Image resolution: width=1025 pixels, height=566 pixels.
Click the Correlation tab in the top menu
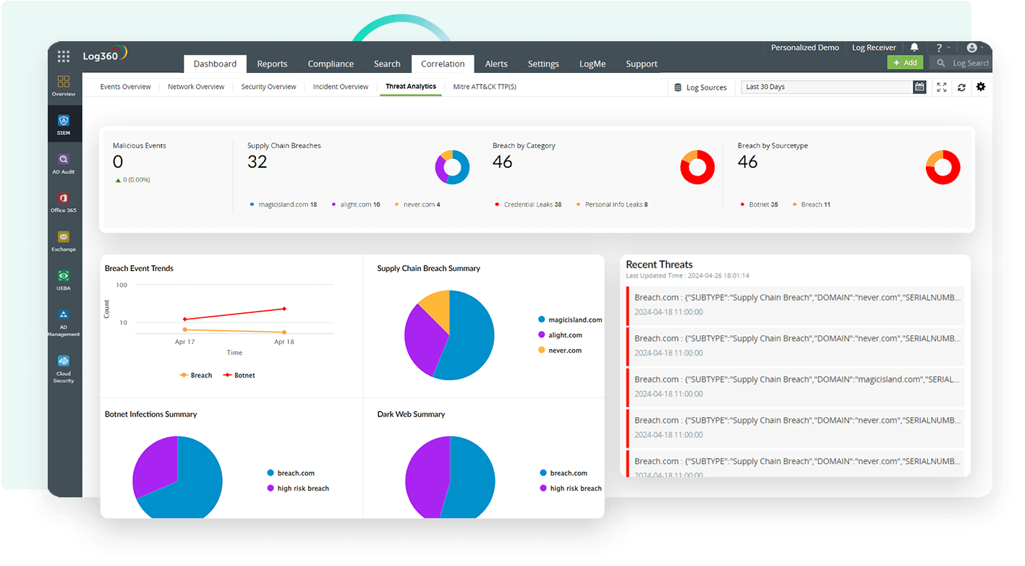(443, 64)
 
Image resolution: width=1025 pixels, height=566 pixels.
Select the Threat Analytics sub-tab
(410, 87)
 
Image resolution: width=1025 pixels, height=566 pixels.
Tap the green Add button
(905, 63)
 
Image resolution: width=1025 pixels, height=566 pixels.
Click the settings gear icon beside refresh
(981, 87)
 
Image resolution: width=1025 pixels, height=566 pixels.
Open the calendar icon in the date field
(919, 87)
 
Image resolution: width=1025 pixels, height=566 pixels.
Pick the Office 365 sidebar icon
(64, 202)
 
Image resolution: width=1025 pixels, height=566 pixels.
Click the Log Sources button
(699, 87)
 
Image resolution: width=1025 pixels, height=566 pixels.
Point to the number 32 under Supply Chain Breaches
(258, 162)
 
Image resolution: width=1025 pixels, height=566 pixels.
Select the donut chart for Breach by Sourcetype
(943, 167)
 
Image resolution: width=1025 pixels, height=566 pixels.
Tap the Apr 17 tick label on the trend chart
(185, 341)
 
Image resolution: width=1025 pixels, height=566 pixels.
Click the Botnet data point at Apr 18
(284, 309)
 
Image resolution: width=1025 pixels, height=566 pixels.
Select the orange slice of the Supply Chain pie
(436, 307)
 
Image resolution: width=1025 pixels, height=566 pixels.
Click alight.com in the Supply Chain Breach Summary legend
(564, 335)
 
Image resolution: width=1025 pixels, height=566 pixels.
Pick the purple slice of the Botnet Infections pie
(153, 467)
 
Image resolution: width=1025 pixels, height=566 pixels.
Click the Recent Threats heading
(659, 265)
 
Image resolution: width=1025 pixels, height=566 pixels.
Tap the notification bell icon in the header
(914, 48)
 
